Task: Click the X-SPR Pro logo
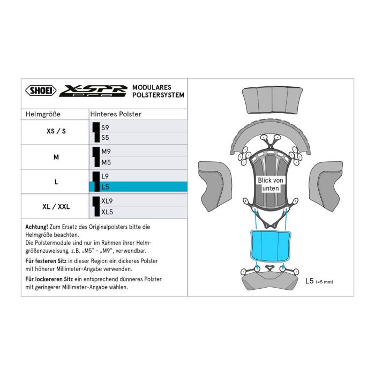[x=93, y=91]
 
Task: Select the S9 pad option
[x=106, y=127]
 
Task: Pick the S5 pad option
[x=106, y=138]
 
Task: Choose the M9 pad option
[x=106, y=152]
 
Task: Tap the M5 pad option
[x=106, y=162]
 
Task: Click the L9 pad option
[x=106, y=176]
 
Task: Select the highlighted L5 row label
[x=106, y=186]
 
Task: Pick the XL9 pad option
[x=108, y=201]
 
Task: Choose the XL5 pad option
[x=108, y=212]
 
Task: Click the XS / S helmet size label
[x=56, y=132]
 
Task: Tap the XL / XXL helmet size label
[x=56, y=206]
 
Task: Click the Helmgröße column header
[x=43, y=114]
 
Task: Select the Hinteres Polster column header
[x=116, y=114]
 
